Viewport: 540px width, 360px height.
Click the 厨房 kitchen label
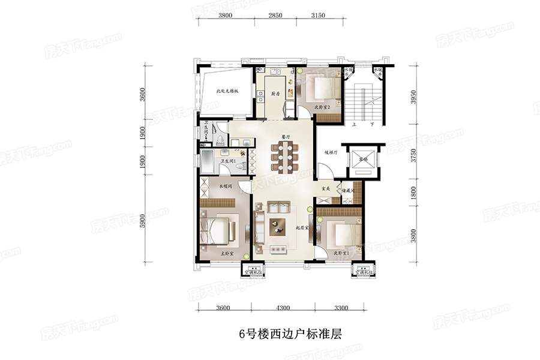tap(275, 94)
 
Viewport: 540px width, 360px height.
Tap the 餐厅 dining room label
tap(286, 136)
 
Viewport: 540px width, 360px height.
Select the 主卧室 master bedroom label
tap(227, 254)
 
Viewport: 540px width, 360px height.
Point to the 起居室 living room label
tap(302, 229)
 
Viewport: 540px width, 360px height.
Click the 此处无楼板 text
tap(227, 92)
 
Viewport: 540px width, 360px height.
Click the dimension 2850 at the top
tap(275, 15)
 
